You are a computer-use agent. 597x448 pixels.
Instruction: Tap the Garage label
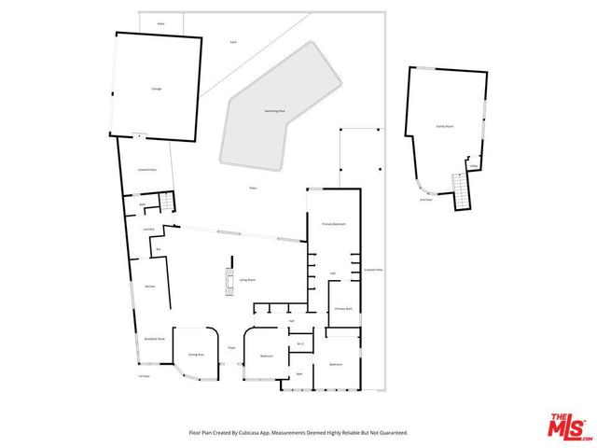point(157,89)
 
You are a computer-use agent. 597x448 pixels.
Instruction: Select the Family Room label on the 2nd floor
point(445,124)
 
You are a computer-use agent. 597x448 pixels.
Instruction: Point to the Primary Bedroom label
point(334,224)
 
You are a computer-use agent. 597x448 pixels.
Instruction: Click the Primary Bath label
point(342,308)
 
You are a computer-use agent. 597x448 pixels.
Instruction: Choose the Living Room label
point(247,279)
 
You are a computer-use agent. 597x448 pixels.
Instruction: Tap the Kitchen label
point(149,287)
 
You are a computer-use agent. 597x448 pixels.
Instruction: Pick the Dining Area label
point(196,356)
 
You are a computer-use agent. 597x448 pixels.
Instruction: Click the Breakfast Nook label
point(154,339)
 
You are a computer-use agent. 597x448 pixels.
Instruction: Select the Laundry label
point(147,229)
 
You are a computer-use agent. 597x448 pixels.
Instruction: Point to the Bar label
point(159,249)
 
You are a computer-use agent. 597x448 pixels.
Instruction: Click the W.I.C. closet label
point(300,343)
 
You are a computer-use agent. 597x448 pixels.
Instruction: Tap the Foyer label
point(231,348)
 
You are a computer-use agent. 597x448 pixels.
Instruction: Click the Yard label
point(232,42)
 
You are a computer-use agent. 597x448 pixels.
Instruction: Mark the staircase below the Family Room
point(460,191)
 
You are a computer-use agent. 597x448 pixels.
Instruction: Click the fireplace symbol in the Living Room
point(227,279)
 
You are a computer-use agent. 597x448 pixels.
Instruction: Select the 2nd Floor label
point(425,199)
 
